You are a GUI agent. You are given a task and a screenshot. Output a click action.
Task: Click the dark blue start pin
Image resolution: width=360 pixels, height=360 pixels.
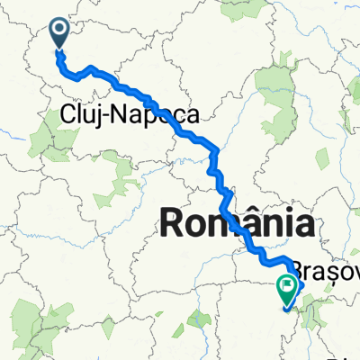(x=60, y=33)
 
